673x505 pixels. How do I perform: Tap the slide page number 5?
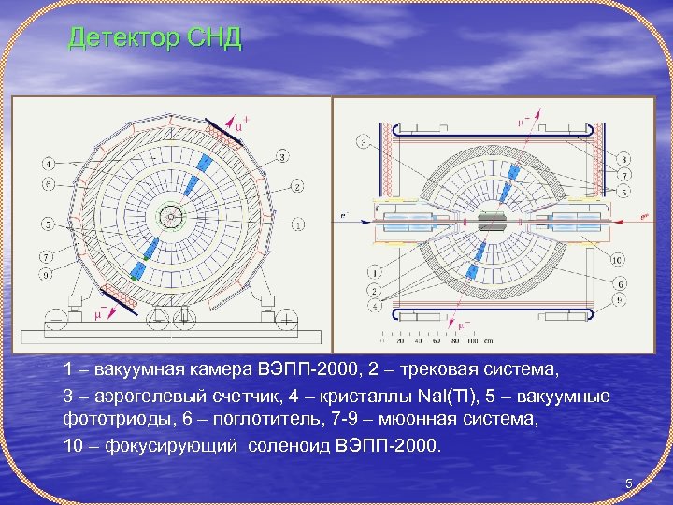(629, 483)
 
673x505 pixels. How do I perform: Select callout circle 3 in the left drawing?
(281, 157)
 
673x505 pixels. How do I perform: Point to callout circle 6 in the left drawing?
(48, 183)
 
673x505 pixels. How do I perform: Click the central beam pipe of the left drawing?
(172, 217)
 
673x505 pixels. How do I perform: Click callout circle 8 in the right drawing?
(623, 160)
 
